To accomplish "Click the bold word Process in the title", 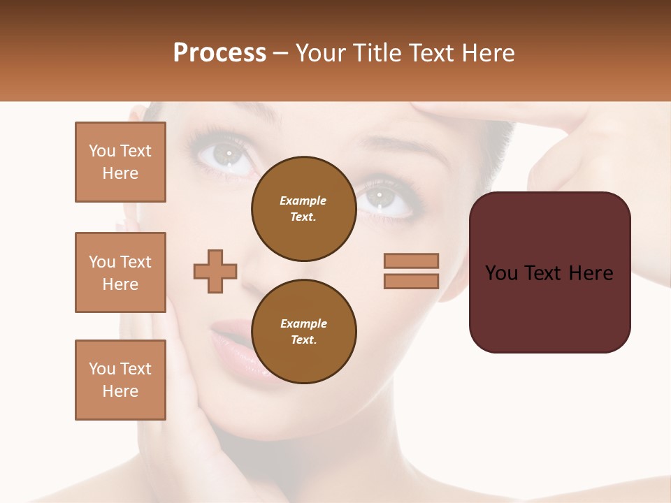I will pos(219,53).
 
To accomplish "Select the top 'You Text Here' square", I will pos(120,162).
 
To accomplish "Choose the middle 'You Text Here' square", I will pos(120,272).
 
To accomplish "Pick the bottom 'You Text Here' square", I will pos(120,380).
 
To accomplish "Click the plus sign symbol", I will pos(215,270).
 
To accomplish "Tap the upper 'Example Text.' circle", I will pos(303,209).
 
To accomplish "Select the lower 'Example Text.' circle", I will pos(303,332).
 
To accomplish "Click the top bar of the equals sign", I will pos(411,261).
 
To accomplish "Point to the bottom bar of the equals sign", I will pos(411,281).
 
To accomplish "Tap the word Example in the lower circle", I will pos(303,323).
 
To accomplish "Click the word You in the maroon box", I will pos(502,273).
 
